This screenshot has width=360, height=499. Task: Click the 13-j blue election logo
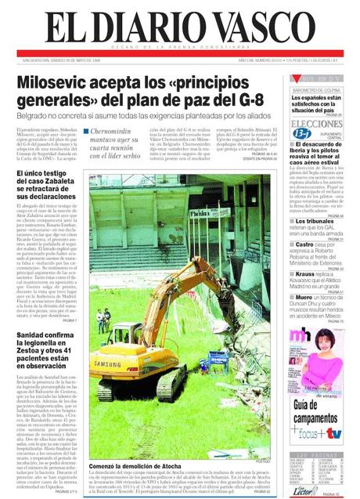pyautogui.click(x=302, y=134)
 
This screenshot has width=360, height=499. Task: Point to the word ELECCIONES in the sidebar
pyautogui.click(x=316, y=124)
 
